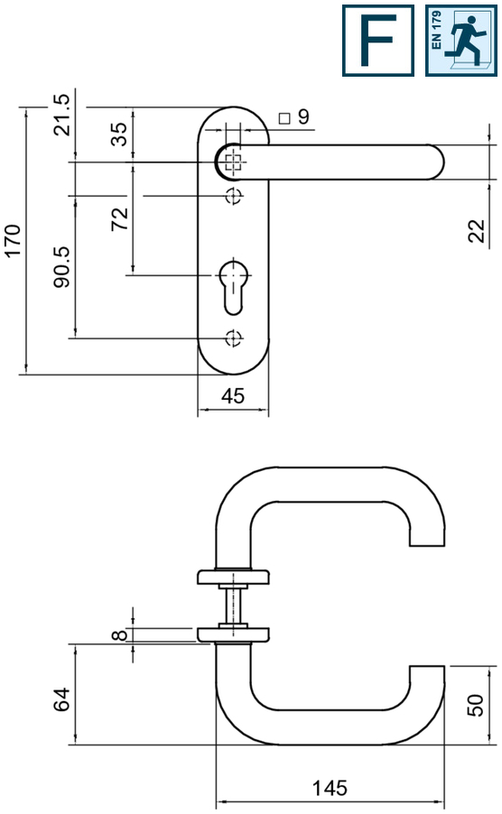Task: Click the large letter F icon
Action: coord(378,41)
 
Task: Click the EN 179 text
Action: coord(436,30)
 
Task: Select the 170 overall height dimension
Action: coord(13,240)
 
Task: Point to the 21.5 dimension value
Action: coord(61,115)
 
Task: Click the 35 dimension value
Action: coord(119,134)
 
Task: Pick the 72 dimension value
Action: coord(119,218)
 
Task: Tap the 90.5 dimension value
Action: coord(61,267)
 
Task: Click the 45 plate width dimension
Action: coord(233,396)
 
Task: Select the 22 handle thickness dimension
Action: coord(476,230)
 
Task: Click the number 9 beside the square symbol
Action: coord(303,116)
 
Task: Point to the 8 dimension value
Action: coord(119,635)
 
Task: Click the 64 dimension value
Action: coord(61,698)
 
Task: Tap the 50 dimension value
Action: coord(475,705)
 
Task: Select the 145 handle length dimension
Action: coord(330,788)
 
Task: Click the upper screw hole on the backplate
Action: coord(234,196)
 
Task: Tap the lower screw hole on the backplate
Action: coord(234,338)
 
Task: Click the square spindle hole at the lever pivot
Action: coord(234,162)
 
